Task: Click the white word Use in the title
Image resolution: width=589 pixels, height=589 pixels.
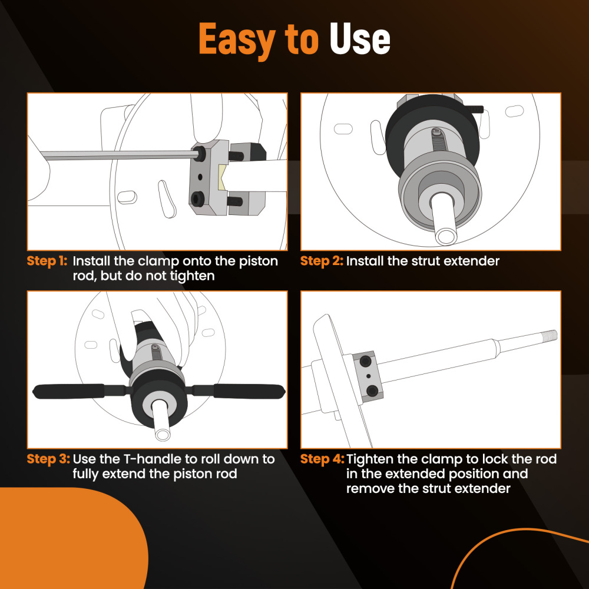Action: [360, 39]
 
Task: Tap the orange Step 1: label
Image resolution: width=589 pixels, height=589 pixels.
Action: [47, 261]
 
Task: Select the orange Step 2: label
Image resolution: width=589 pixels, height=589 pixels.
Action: [322, 261]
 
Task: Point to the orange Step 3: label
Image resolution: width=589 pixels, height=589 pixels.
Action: [48, 459]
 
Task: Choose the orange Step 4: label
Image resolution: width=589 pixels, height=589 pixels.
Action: [322, 459]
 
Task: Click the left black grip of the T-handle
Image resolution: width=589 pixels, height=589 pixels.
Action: [68, 391]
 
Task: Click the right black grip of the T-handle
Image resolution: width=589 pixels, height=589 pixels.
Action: [249, 391]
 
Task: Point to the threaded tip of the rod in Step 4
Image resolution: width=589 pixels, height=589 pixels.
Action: [549, 336]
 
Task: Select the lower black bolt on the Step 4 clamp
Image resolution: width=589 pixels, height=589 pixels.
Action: [372, 391]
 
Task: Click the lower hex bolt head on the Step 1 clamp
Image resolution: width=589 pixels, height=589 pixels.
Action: [197, 198]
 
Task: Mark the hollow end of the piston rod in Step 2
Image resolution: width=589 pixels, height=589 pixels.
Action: [446, 237]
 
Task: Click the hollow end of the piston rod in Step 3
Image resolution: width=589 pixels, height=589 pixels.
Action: [163, 435]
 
